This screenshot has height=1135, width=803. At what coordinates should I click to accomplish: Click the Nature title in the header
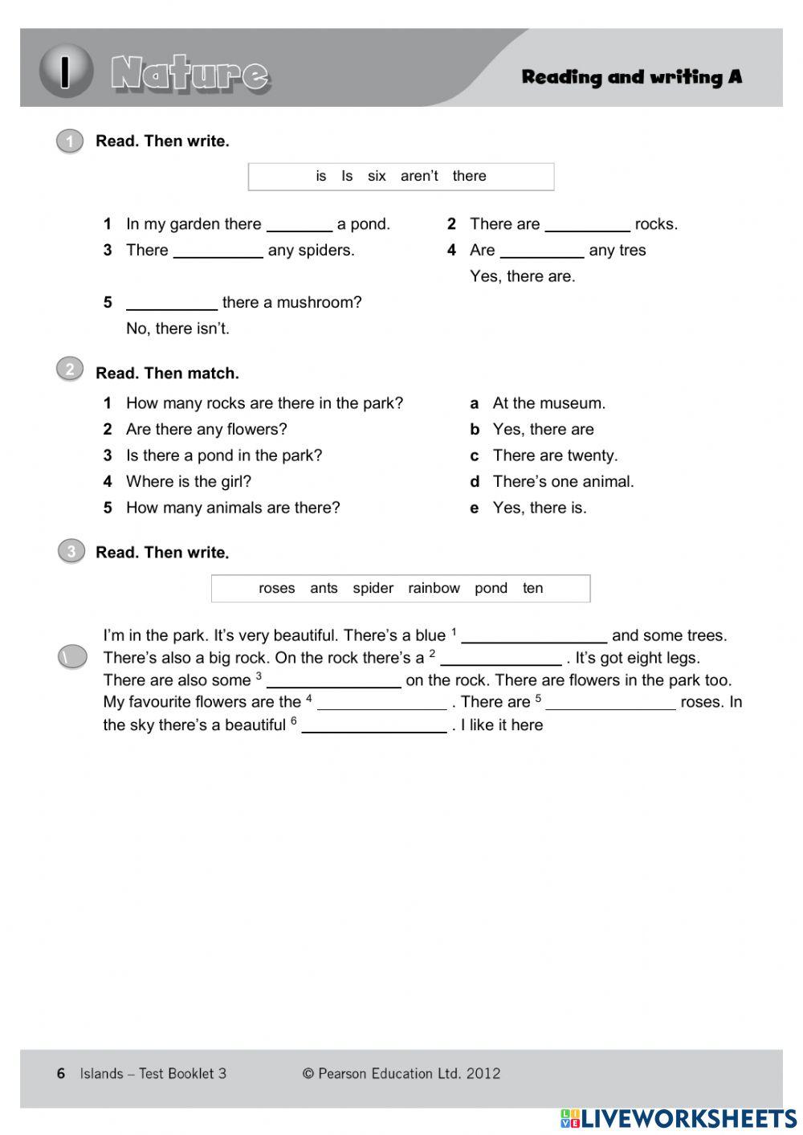coord(190,74)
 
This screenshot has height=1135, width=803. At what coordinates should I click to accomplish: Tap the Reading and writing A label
coord(631,77)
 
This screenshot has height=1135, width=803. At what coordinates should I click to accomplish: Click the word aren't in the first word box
coord(419,176)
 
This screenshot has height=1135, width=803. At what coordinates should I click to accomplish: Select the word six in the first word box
coord(377,176)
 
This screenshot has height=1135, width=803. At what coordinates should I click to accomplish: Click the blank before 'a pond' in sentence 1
coord(299,224)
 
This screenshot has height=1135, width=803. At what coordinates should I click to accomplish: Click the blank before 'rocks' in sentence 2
coord(587,224)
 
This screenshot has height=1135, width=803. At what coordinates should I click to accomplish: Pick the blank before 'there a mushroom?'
coord(172,303)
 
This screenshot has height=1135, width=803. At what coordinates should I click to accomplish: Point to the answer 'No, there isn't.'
coord(177,329)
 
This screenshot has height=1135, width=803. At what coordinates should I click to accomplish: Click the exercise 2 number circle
coord(70,369)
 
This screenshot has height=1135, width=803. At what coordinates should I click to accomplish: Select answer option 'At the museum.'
coord(548,403)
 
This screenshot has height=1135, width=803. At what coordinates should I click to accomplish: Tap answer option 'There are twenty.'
coord(555,455)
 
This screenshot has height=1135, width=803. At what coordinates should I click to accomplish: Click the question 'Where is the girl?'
coord(189,482)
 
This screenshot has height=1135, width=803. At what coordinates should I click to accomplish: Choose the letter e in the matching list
coord(475,508)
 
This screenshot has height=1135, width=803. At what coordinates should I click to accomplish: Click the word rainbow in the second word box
coord(434,588)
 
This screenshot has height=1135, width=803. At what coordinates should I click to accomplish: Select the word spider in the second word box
coord(373,588)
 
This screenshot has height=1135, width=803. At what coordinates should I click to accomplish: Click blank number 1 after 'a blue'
coord(534,636)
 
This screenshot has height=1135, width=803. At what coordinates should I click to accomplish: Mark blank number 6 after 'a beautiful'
coord(374,725)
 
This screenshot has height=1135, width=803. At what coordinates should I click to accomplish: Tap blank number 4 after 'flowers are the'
coord(381,703)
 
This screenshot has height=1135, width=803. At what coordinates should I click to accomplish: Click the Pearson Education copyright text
coord(401,1073)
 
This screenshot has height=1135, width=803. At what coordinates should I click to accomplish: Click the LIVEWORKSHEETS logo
coord(679,1118)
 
